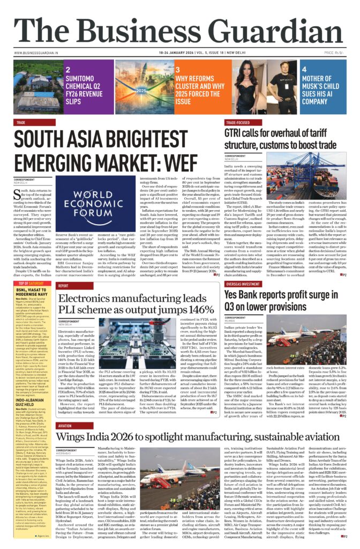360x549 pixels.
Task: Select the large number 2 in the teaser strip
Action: point(68,70)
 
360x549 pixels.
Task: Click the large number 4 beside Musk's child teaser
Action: point(304,70)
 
